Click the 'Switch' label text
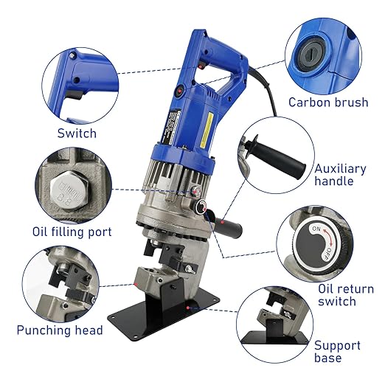coord(77,133)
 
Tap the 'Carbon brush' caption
coord(327,103)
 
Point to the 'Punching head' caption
coord(59,330)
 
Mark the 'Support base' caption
coord(337,351)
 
